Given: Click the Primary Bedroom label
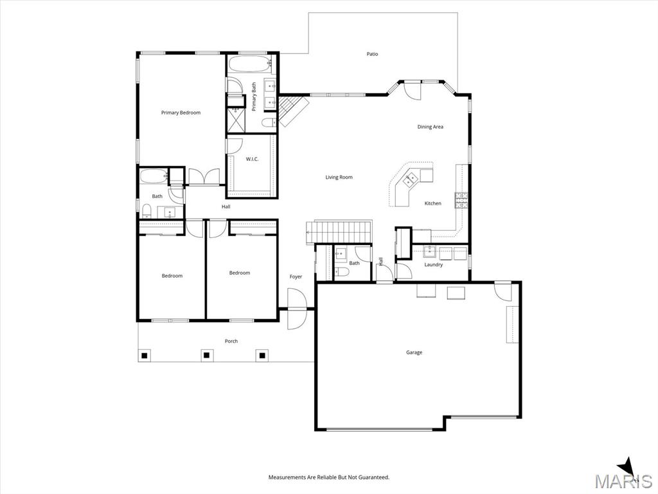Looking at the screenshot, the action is [181, 113].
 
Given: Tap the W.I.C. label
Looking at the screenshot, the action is [252, 159].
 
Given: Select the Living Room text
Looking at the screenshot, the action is [339, 178].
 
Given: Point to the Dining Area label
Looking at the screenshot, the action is [430, 127].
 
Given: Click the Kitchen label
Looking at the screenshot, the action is [432, 203].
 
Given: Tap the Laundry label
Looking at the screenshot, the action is [434, 264].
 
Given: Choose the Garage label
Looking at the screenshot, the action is [414, 352].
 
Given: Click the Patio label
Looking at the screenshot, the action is [372, 54].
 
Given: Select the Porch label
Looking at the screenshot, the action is [231, 341].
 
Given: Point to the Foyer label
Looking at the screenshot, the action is [296, 277].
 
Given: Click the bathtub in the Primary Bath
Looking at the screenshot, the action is [251, 64].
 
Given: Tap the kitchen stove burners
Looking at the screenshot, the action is [461, 201].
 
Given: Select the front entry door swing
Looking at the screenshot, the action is [297, 309].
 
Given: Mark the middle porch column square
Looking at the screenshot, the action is [206, 355].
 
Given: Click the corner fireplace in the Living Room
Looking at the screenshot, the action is [291, 109].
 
